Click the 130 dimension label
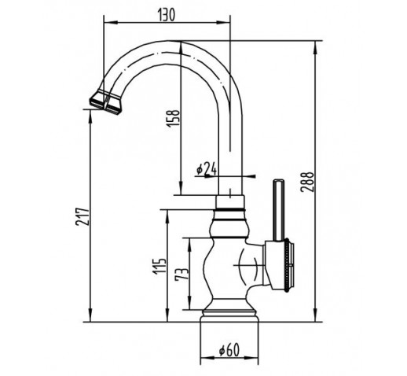click(166, 15)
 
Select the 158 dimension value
click(174, 118)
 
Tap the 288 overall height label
click(307, 182)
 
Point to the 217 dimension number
click(82, 217)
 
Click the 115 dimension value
click(159, 267)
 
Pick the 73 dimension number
click(181, 275)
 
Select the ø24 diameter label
click(207, 168)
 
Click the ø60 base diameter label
click(229, 350)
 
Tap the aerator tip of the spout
click(105, 102)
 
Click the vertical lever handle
click(278, 210)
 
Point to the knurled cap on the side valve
click(288, 265)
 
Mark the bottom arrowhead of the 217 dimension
click(90, 315)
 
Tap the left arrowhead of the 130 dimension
click(110, 23)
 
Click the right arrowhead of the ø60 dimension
click(252, 358)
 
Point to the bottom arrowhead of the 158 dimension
click(181, 189)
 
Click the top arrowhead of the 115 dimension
click(167, 216)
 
